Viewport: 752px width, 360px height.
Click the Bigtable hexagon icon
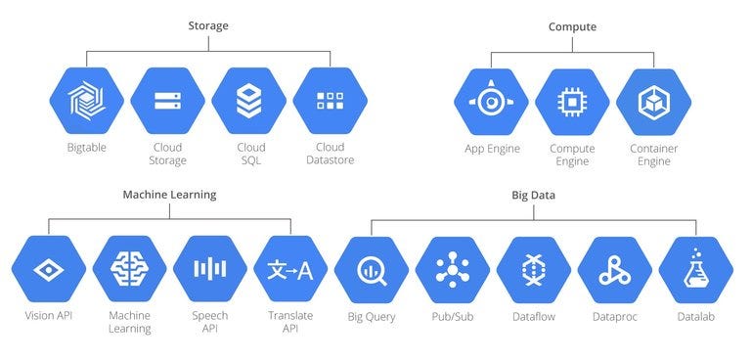[87, 101]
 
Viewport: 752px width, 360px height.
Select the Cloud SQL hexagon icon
[249, 101]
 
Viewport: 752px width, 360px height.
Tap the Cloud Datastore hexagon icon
[330, 101]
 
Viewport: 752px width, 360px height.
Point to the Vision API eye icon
[47, 269]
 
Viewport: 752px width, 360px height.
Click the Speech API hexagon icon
[209, 269]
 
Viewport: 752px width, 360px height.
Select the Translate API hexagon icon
[290, 269]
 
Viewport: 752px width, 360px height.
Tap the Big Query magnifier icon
[372, 269]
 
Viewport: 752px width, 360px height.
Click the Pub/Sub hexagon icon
[452, 269]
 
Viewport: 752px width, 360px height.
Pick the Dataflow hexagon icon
[533, 269]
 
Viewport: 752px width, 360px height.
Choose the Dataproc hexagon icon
[614, 269]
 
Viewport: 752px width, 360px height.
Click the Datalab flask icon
[695, 269]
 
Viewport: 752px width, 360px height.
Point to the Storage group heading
[207, 25]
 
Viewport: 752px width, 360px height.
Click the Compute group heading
[572, 26]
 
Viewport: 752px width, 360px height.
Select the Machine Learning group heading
[169, 195]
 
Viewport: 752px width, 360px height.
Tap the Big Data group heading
[533, 195]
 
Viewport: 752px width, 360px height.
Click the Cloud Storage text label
[168, 154]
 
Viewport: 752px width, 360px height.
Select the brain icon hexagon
[128, 269]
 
